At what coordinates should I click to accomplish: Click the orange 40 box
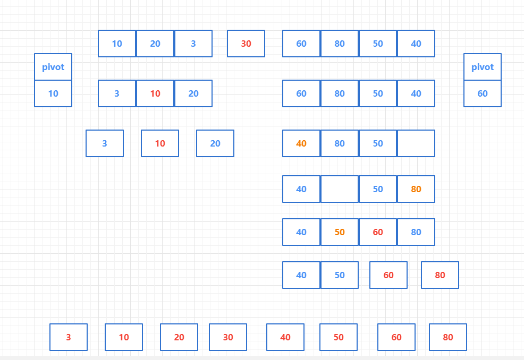301,143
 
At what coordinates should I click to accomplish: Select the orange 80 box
416,189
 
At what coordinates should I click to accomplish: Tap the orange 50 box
340,232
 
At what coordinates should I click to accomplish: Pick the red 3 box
69,337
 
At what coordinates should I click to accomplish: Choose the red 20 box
179,337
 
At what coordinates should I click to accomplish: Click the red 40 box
285,337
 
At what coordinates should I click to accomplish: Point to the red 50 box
339,337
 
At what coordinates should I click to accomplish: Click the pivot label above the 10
53,67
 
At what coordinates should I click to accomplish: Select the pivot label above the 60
483,67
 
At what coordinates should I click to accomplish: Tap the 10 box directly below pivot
53,93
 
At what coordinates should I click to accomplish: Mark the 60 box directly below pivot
483,93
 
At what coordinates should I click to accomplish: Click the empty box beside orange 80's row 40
340,189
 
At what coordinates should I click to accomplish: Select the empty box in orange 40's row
416,143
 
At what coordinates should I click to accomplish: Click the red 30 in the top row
246,44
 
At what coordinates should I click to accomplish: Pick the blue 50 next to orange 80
378,189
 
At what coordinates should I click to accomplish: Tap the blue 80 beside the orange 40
340,143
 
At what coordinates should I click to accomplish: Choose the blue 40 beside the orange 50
301,232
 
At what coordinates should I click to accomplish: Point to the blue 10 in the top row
117,44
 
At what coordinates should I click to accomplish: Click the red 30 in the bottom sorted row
228,337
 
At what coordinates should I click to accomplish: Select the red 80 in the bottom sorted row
448,337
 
